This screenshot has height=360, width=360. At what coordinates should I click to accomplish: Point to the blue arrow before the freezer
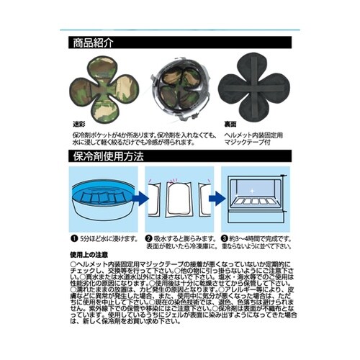(210, 195)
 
